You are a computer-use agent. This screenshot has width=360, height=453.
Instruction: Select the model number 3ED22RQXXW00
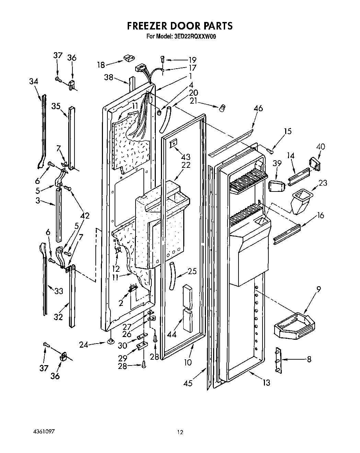(x=193, y=36)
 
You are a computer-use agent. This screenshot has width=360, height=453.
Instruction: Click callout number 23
(x=323, y=183)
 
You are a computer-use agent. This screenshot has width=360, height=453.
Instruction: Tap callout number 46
(x=258, y=109)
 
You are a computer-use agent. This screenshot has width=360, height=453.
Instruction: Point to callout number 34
(x=34, y=81)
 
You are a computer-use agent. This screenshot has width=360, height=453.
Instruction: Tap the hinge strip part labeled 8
(x=278, y=360)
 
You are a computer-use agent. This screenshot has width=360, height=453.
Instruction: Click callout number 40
(x=321, y=146)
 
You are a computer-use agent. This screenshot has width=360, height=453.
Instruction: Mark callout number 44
(x=171, y=334)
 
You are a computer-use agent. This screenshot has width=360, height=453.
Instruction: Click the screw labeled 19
(x=163, y=59)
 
